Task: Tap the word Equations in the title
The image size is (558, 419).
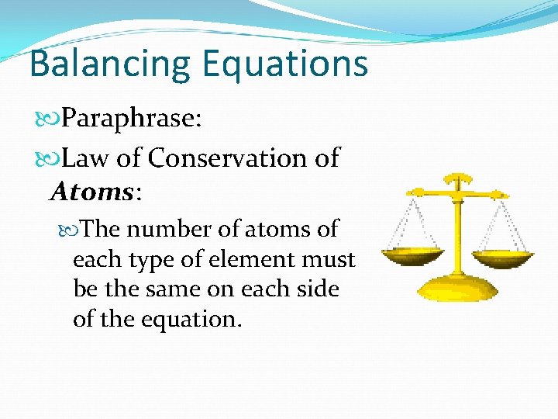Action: pyautogui.click(x=284, y=64)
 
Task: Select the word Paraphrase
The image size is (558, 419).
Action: pyautogui.click(x=132, y=119)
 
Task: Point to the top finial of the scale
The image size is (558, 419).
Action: pyautogui.click(x=458, y=178)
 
